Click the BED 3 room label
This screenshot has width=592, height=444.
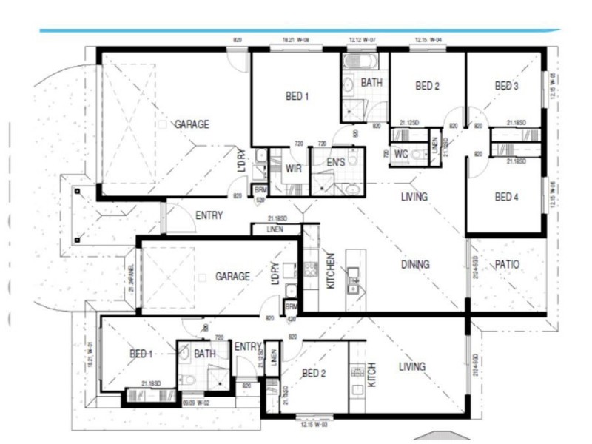507,87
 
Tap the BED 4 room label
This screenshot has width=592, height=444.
507,197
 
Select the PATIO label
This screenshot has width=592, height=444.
507,264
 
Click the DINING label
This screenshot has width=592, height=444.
416,264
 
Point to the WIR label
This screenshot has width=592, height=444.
293,169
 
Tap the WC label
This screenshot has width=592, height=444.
401,154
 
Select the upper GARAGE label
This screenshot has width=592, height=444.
192,124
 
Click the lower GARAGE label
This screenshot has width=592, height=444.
232,276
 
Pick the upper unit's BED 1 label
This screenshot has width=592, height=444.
297,95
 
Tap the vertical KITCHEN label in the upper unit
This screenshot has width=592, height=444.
331,272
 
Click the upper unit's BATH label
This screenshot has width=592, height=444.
371,83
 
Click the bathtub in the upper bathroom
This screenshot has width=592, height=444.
362,60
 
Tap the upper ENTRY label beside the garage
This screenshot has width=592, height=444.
209,216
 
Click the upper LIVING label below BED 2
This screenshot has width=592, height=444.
414,197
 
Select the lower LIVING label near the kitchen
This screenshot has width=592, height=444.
411,366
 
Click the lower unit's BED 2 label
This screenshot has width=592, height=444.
314,374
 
